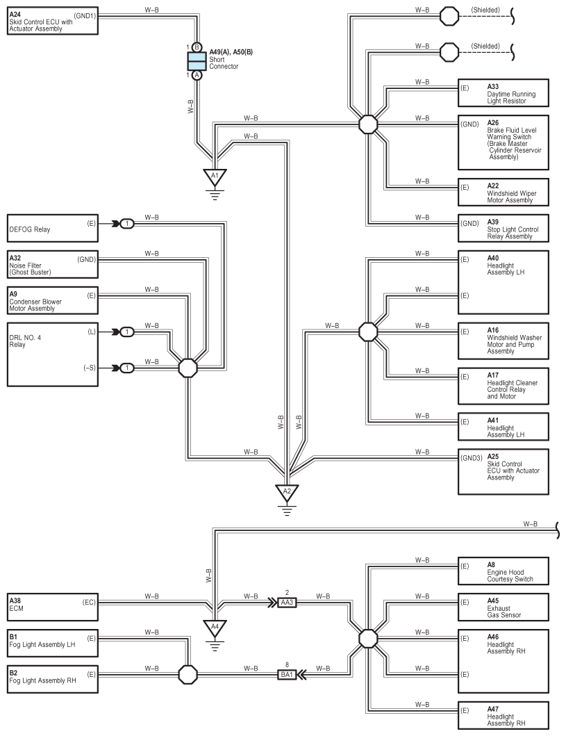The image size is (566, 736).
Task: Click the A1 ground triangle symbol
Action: (215, 177)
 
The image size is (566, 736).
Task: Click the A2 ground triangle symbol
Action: (287, 492)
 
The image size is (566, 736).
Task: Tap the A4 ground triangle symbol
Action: (215, 628)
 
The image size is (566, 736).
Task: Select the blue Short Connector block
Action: (197, 61)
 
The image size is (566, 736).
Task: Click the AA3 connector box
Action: (287, 603)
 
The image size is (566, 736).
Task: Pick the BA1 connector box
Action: (287, 675)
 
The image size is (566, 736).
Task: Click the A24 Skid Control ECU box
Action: (53, 21)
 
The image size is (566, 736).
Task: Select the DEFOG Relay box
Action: (53, 229)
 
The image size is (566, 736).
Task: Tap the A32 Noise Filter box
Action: (53, 265)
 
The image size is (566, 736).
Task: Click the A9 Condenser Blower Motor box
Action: (53, 301)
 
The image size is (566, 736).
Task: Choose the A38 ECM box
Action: (53, 607)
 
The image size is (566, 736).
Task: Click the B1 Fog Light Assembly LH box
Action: (53, 644)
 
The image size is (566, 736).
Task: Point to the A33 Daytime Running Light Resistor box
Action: (503, 93)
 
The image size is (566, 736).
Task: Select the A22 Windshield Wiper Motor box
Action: (503, 192)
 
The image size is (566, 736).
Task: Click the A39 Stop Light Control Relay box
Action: (503, 229)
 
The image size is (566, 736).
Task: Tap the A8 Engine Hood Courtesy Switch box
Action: (503, 571)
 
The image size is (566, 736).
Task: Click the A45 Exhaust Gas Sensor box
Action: (503, 607)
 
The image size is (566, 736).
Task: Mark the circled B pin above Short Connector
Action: (197, 47)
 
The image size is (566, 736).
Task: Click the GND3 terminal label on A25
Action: (471, 458)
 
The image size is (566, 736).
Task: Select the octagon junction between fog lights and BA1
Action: (188, 675)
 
